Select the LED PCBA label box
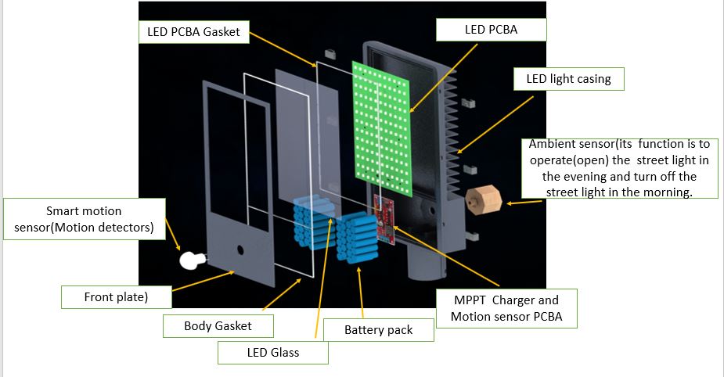point(491,31)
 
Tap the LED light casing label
point(568,78)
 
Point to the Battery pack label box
point(378,330)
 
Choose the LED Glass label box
point(273,353)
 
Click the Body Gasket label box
point(218,325)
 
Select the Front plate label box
point(116,297)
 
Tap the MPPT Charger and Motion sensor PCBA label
point(506,307)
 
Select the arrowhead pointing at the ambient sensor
point(510,203)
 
